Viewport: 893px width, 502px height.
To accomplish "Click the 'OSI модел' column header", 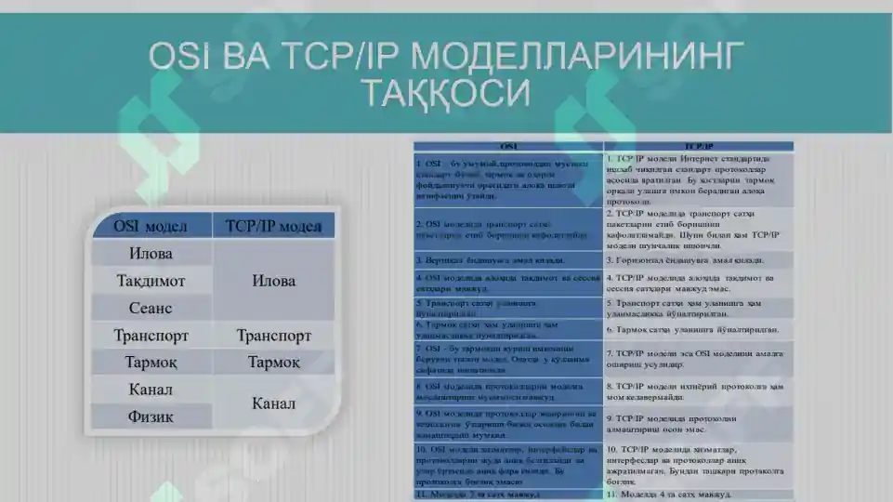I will (x=151, y=226).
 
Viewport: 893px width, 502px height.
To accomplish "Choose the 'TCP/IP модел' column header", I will (x=273, y=226).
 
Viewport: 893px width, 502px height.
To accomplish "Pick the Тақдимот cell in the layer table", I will (x=151, y=280).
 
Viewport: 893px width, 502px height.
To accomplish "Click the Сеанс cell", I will (x=151, y=308).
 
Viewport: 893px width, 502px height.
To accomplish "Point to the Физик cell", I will (x=151, y=416).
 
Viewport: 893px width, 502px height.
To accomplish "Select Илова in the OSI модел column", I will (x=151, y=253).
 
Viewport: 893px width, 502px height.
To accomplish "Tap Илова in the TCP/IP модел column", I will (x=273, y=281).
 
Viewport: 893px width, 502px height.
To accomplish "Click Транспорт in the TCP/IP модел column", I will (x=273, y=336).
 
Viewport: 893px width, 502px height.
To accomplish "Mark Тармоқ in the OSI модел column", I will (x=151, y=363).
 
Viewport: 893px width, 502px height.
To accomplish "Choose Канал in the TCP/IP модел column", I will (x=273, y=403).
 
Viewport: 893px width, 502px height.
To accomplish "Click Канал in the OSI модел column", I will (x=151, y=390).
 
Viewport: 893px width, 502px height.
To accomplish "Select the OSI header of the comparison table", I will (x=508, y=147).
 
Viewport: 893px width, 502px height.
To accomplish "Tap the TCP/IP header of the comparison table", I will (x=699, y=147).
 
